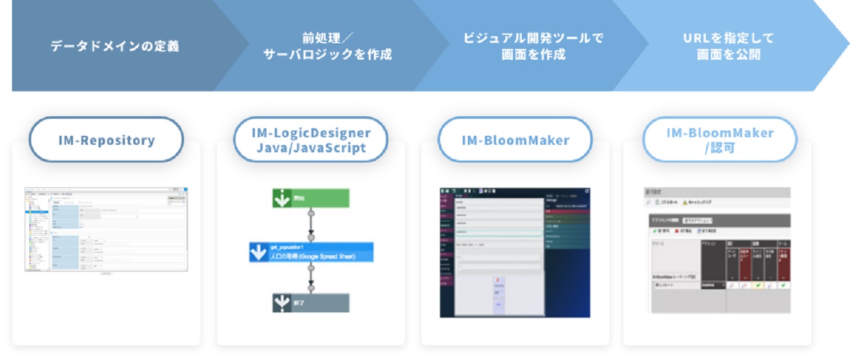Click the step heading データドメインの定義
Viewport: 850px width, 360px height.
tap(114, 46)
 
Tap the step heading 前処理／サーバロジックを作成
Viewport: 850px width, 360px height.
tap(328, 46)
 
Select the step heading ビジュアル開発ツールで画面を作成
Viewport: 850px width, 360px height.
tap(533, 46)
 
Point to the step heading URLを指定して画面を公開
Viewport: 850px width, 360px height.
tap(728, 46)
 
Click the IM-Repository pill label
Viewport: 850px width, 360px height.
tap(106, 140)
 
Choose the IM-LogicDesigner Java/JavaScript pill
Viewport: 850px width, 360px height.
tap(310, 140)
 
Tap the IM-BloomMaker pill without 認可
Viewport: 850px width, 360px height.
tap(515, 140)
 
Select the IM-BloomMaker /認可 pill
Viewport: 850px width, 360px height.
tap(720, 140)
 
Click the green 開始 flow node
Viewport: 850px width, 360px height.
tap(311, 198)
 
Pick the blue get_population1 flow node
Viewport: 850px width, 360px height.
tap(311, 252)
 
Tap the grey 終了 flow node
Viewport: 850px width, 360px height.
tap(311, 303)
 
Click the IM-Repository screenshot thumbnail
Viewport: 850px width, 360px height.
tap(106, 230)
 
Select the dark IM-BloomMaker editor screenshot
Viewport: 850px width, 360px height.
tap(515, 252)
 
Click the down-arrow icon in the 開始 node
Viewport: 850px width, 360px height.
tap(281, 198)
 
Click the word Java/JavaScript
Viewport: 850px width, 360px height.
tap(310, 148)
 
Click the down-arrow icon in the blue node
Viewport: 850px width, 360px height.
tap(258, 253)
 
